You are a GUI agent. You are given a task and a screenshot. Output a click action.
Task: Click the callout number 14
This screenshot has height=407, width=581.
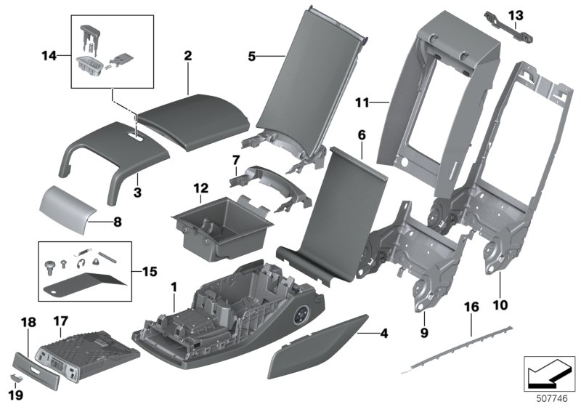click(x=49, y=56)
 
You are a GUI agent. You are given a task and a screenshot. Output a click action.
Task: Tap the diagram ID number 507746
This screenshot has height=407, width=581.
click(x=552, y=398)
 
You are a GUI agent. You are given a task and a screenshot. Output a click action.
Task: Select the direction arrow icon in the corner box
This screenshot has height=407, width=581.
click(x=549, y=374)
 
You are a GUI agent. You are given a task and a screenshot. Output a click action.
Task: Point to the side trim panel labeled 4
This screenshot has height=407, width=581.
click(x=318, y=347)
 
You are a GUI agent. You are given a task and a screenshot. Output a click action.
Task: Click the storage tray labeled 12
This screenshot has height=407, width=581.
click(x=222, y=226)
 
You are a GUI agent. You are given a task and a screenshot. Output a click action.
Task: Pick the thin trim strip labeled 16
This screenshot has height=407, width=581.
click(x=457, y=349)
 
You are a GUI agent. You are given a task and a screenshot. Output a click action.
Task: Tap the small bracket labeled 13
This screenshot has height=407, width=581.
click(x=509, y=28)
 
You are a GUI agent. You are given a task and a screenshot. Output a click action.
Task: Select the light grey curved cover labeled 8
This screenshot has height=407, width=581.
click(x=68, y=209)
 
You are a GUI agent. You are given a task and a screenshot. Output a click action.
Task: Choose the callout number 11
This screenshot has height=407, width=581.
click(x=362, y=102)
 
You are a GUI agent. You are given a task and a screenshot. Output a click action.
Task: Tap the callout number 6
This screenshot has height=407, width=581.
click(x=362, y=135)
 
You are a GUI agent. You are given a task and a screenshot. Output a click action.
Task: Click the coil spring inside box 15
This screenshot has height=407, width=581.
click(x=82, y=252)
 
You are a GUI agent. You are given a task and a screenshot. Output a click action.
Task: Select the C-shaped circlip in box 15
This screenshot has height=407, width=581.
click(x=81, y=264)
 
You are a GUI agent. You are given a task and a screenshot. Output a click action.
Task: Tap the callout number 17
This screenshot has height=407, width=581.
click(x=61, y=321)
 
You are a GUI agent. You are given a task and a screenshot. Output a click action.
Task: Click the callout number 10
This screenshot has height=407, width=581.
click(x=500, y=305)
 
